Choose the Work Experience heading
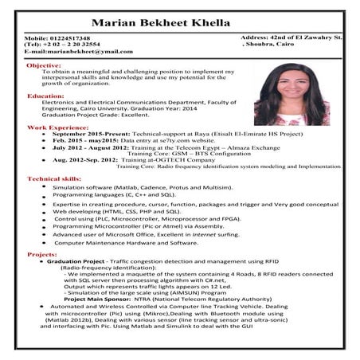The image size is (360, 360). (57, 127)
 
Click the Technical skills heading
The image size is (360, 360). (54, 179)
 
